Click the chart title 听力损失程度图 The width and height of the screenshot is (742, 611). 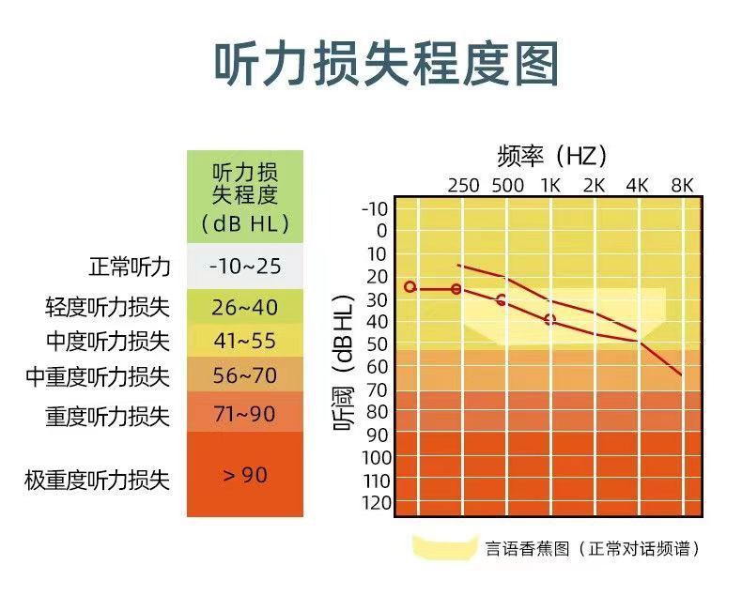pyautogui.click(x=387, y=64)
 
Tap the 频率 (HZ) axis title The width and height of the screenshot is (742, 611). pyautogui.click(x=551, y=155)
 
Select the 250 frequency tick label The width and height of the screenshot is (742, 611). pyautogui.click(x=463, y=185)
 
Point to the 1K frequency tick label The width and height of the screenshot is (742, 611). pyautogui.click(x=549, y=185)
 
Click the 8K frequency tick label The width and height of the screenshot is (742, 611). pyautogui.click(x=681, y=185)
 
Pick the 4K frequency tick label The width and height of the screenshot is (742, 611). pyautogui.click(x=638, y=185)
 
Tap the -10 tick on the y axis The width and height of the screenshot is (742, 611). pyautogui.click(x=374, y=208)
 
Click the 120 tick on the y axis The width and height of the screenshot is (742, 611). pyautogui.click(x=374, y=502)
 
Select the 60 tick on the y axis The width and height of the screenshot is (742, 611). pyautogui.click(x=377, y=367)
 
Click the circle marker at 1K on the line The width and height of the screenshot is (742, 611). pyautogui.click(x=549, y=320)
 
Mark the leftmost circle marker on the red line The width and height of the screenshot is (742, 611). pyautogui.click(x=410, y=286)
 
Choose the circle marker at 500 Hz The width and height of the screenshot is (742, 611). pyautogui.click(x=501, y=300)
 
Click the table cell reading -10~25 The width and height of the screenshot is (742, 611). pyautogui.click(x=245, y=267)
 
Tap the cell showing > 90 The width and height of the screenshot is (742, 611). pyautogui.click(x=245, y=475)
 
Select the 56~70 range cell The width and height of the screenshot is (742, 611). pyautogui.click(x=245, y=375)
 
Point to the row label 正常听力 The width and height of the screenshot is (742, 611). pyautogui.click(x=130, y=267)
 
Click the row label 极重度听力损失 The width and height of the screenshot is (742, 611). pyautogui.click(x=98, y=481)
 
